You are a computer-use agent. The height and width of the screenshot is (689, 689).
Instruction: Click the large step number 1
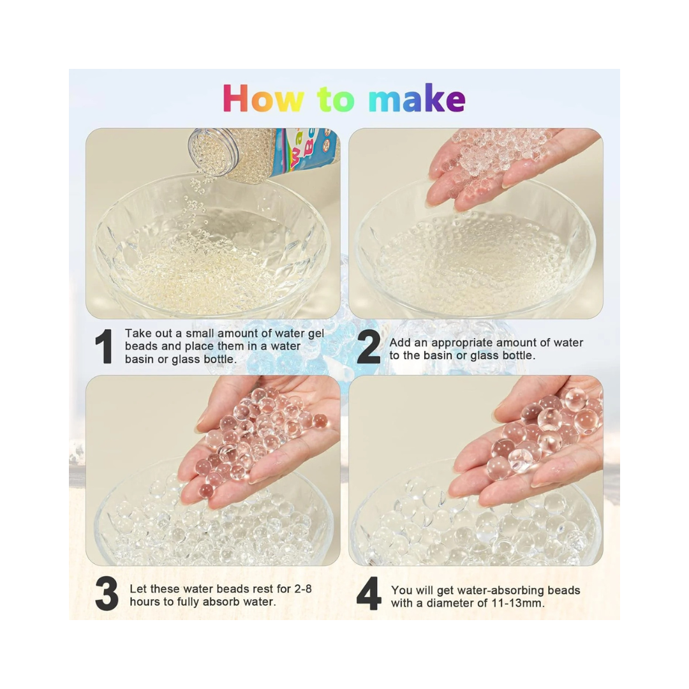[103, 348]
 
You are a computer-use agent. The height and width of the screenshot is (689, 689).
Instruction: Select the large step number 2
[368, 348]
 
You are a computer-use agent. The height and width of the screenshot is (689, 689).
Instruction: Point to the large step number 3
[107, 594]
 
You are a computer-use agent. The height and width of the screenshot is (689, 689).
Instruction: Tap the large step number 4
[369, 595]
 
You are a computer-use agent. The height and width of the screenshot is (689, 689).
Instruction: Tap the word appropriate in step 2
[461, 343]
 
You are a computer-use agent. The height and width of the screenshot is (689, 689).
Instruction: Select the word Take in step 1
[138, 333]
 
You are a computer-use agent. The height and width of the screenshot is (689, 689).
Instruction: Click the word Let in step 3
[138, 588]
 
